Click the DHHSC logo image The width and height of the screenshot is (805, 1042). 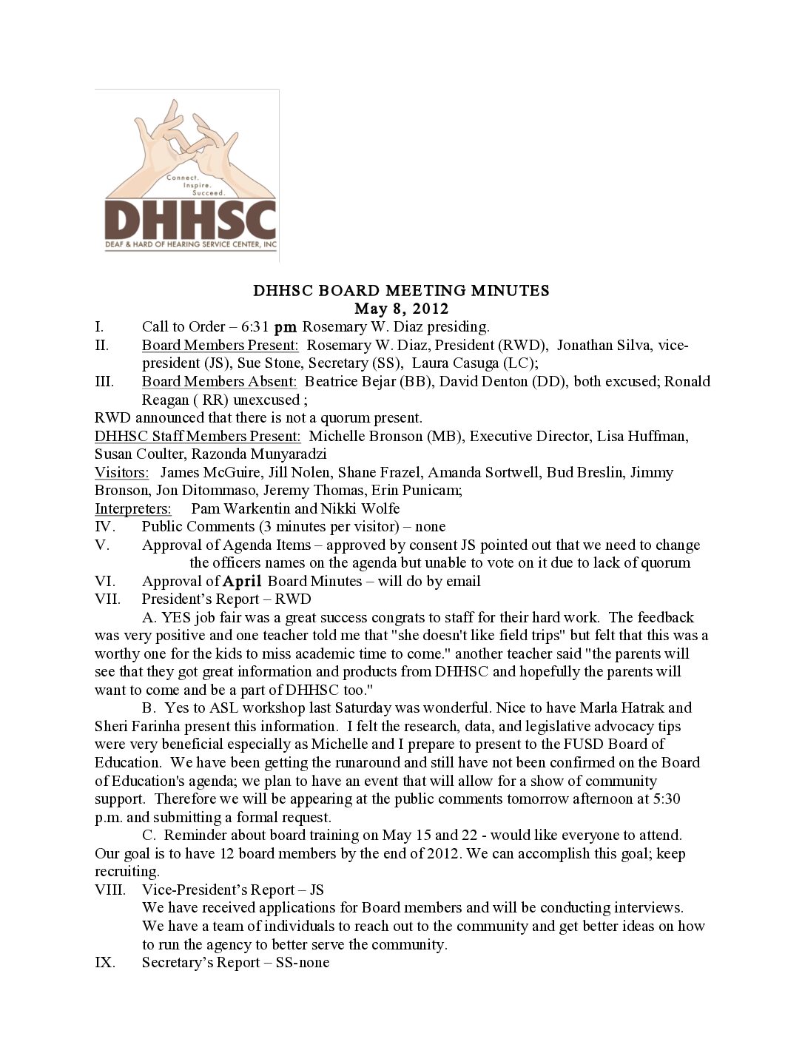tap(187, 176)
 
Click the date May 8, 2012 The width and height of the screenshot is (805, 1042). tap(402, 309)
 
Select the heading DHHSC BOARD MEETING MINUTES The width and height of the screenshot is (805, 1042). tap(402, 290)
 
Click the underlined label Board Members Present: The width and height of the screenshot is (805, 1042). tap(220, 345)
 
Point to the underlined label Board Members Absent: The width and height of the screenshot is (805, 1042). tap(219, 381)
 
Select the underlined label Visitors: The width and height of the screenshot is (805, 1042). tap(121, 472)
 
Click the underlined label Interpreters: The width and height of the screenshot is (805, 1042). tap(133, 508)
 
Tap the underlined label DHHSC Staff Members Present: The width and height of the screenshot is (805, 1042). tap(198, 436)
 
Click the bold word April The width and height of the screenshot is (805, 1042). tap(243, 582)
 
